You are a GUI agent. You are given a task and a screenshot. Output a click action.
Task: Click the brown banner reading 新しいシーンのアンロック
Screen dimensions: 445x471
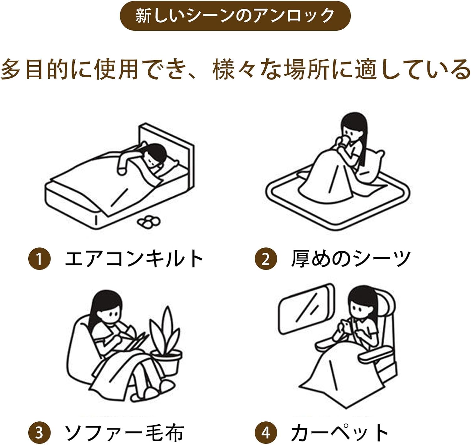[235, 16]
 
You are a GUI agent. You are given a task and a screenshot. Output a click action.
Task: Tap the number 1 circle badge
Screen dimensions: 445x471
[40, 259]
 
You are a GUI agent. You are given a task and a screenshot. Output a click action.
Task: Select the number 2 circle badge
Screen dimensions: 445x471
[266, 259]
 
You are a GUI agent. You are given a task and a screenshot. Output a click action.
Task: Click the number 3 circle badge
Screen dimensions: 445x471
[40, 432]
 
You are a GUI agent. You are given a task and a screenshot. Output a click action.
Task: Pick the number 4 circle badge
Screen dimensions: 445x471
[266, 432]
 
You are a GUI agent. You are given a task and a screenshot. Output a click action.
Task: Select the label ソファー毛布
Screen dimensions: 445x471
[124, 432]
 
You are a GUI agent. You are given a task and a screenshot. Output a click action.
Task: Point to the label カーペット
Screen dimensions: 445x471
[339, 432]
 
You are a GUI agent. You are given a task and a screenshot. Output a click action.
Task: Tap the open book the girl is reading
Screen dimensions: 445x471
[135, 341]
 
